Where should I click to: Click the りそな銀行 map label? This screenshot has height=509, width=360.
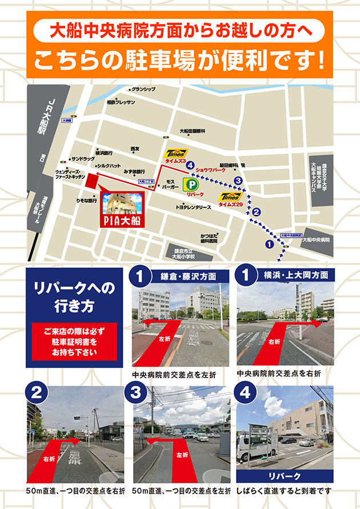[87, 201]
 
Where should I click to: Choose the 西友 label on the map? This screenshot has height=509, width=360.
[135, 149]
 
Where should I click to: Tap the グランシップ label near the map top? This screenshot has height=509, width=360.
[143, 89]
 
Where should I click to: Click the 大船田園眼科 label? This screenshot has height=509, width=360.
[192, 131]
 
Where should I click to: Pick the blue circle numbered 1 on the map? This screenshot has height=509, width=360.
[268, 245]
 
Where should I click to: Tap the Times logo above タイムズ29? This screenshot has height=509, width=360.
[230, 196]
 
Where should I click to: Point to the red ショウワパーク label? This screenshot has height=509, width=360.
[210, 170]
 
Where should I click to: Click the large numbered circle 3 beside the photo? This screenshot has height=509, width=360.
[137, 393]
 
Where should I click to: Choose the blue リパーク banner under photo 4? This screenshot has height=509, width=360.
[285, 476]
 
